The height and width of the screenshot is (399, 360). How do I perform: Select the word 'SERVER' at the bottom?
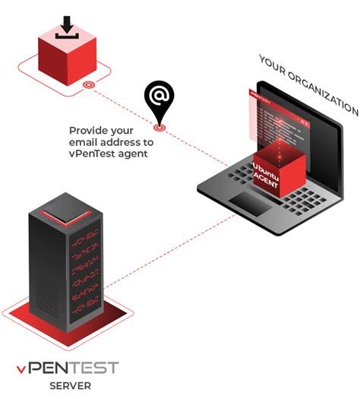coord(71,386)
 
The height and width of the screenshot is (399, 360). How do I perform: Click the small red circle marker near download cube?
coord(88,85)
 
